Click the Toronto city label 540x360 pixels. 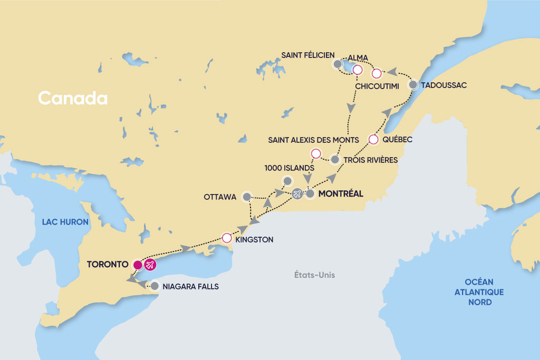(109, 264)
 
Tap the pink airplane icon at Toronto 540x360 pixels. (150, 265)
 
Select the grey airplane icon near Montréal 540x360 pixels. (297, 194)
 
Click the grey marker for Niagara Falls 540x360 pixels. (155, 287)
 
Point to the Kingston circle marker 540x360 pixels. (227, 238)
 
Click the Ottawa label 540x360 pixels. (220, 197)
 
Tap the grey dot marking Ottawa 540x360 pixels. (246, 197)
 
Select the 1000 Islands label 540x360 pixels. (290, 168)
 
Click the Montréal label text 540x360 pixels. (341, 194)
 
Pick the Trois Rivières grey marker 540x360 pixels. (334, 159)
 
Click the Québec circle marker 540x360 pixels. (373, 140)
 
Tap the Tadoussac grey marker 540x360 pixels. (414, 84)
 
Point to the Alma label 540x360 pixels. (358, 57)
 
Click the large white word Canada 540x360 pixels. (73, 98)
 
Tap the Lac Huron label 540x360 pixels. (65, 222)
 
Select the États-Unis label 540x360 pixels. (315, 275)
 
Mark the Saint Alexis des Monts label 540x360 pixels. (313, 140)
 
